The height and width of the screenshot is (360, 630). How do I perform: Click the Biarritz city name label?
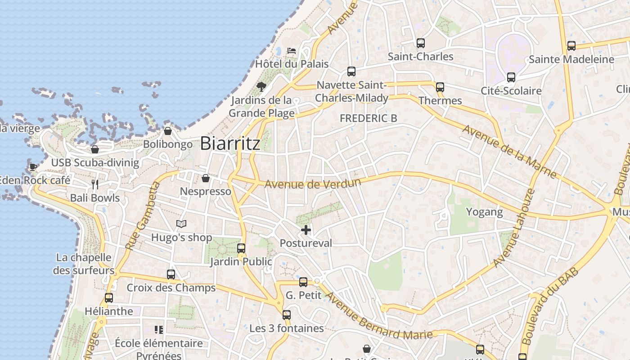230,143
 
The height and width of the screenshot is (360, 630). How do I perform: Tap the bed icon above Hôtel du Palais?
292,50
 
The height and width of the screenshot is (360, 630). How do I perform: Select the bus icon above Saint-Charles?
421,43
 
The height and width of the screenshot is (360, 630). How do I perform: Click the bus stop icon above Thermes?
440,87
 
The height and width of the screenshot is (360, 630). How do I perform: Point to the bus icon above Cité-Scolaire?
511,77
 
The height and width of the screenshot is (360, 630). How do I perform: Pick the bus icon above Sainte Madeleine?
571,46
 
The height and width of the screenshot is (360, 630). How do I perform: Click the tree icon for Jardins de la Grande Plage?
261,86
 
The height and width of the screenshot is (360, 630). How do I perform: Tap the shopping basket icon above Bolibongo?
168,131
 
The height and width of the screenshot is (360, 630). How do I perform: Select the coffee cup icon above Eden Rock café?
33,167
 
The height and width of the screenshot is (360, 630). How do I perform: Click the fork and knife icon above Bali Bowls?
95,184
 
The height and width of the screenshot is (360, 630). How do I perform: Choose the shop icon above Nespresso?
206,178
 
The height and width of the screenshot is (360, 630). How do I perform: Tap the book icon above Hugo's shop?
181,224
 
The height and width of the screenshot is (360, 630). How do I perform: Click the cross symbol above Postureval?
306,230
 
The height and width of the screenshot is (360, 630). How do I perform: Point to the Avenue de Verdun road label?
313,184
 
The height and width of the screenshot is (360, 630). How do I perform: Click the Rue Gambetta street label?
143,216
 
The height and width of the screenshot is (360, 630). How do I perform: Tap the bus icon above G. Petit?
304,282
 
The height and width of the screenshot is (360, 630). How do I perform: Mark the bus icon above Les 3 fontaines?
287,315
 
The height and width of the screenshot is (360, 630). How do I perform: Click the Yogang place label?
484,212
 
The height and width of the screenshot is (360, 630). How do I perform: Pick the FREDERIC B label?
369,118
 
